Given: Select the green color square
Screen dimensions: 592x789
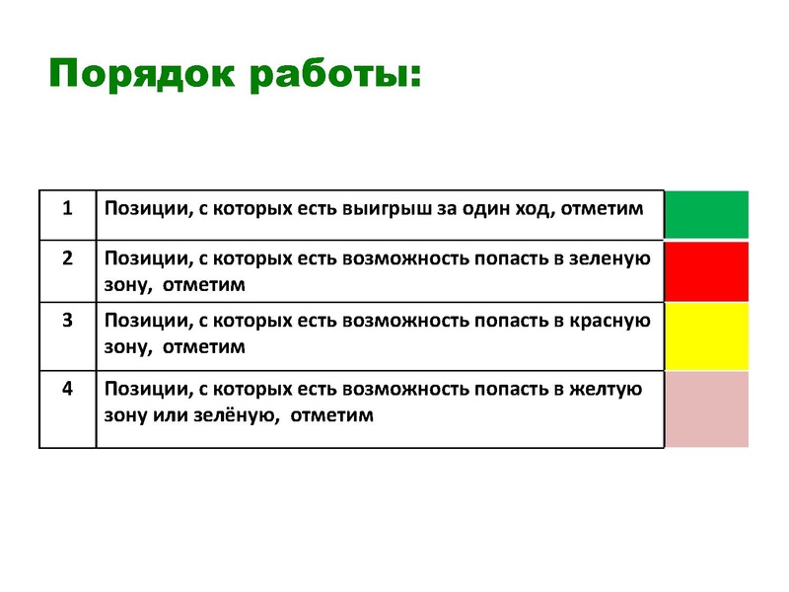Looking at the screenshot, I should point(706,214).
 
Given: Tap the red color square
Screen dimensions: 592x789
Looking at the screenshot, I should point(706,271).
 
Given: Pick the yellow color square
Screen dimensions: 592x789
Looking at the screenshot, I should point(706,335).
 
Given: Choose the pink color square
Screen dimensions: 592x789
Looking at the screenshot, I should point(706,408).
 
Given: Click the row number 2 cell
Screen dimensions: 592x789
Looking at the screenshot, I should point(67,259).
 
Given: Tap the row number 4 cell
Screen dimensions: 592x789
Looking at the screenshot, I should point(67,388).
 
